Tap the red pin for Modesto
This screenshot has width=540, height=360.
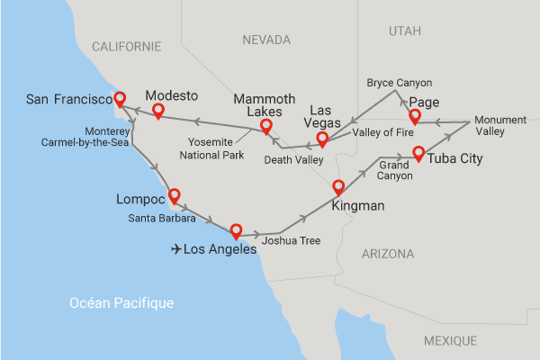pyautogui.click(x=157, y=111)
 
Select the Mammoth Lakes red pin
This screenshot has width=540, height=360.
pyautogui.click(x=266, y=126)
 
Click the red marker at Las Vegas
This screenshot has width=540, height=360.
pyautogui.click(x=321, y=139)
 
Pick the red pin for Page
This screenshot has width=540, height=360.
pyautogui.click(x=415, y=117)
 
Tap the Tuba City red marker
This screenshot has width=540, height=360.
pyautogui.click(x=418, y=153)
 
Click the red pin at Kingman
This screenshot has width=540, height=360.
pyautogui.click(x=338, y=187)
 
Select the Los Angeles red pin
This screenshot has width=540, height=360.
pyautogui.click(x=236, y=229)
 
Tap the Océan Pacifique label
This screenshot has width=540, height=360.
pyautogui.click(x=121, y=303)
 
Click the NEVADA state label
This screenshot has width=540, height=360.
pyautogui.click(x=266, y=40)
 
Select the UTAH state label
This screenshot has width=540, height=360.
pyautogui.click(x=404, y=31)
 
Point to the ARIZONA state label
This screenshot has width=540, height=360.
pyautogui.click(x=388, y=255)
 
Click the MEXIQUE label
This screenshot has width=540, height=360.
pyautogui.click(x=450, y=341)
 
